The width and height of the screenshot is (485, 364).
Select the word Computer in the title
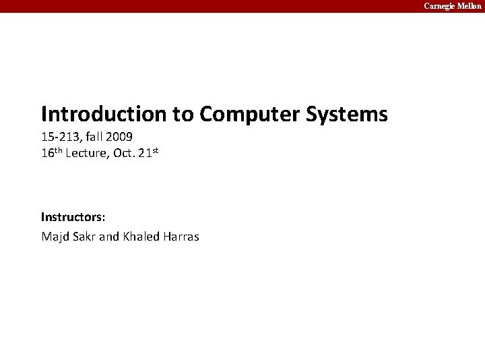(x=249, y=114)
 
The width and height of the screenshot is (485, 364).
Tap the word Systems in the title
(x=347, y=114)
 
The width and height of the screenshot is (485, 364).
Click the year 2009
(x=120, y=137)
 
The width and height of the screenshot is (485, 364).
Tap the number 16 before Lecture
(x=48, y=153)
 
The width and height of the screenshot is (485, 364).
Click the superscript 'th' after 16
(x=59, y=150)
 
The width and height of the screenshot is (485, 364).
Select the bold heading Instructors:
(x=73, y=217)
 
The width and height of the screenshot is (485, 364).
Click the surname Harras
(x=181, y=237)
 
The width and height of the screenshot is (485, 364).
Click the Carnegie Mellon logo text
(x=453, y=5)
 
